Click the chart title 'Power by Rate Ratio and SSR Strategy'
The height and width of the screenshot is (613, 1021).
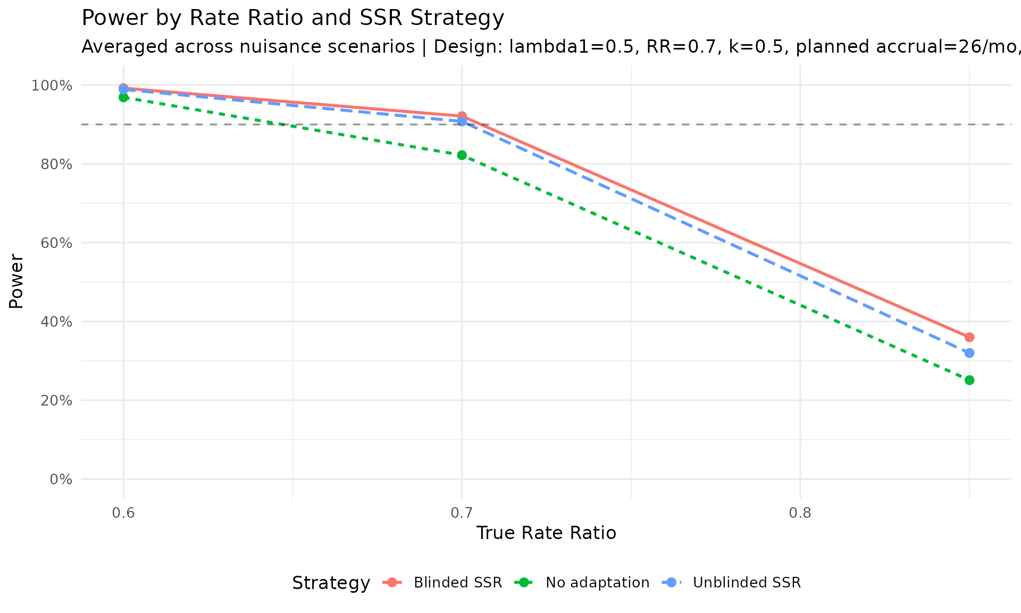point(292,19)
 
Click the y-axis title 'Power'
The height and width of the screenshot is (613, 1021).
point(16,281)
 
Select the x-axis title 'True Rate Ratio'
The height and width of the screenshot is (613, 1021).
point(546,533)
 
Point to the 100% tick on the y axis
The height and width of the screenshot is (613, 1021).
point(52,86)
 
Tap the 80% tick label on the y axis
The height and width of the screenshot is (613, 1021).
point(56,164)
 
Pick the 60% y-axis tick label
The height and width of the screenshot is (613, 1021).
point(56,243)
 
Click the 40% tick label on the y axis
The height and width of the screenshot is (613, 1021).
point(56,322)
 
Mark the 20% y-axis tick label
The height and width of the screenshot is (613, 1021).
point(56,401)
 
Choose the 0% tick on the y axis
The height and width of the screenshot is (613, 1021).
point(61,479)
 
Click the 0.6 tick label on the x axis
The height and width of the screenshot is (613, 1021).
point(123,513)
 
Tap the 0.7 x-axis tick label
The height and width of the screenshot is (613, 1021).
point(462,513)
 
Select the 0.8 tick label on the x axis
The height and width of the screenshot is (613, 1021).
point(800,513)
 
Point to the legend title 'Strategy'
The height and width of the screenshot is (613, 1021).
point(331,583)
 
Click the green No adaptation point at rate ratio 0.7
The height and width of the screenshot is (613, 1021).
point(462,155)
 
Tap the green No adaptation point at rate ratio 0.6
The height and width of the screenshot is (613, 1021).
point(123,97)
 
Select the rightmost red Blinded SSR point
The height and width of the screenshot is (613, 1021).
point(969,337)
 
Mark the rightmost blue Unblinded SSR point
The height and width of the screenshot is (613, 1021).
point(969,353)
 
